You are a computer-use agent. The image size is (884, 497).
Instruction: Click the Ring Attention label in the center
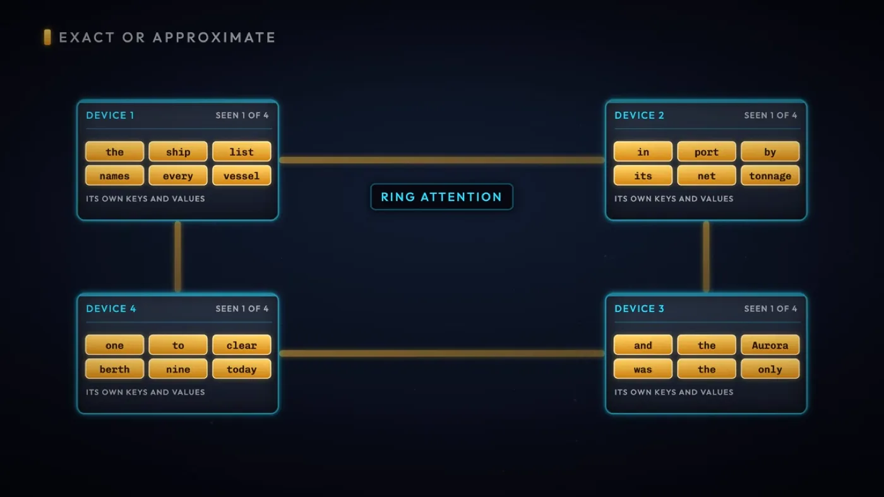coord(441,196)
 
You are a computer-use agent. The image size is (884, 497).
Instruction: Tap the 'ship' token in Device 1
coord(178,152)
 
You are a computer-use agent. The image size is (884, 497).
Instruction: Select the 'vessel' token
coord(241,176)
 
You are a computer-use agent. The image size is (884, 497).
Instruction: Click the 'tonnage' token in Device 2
coord(770,176)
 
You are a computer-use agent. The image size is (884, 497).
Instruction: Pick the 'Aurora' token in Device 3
coord(770,345)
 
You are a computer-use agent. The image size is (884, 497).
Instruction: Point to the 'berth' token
coord(114,369)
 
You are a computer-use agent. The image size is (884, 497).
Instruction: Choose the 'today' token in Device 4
coord(241,369)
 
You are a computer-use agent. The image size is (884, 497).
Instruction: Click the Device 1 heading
coord(110,116)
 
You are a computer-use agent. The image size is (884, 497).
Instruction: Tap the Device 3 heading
coord(639,309)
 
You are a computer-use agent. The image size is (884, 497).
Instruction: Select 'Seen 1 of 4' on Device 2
coord(770,116)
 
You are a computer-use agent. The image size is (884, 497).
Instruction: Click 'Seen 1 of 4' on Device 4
coord(242,309)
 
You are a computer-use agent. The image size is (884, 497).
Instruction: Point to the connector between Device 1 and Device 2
coord(442,160)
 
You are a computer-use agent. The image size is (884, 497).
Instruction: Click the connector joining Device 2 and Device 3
coord(706,256)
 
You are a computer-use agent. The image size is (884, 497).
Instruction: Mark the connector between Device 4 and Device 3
coord(442,353)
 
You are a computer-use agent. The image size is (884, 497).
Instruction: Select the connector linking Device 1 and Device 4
coord(178,256)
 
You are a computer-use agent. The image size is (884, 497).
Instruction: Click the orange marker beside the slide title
coord(47,37)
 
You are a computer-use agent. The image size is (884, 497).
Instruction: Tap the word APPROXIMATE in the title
coord(214,37)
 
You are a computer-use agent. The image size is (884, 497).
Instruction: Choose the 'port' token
coord(707,152)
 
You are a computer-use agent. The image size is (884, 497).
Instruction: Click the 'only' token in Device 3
coord(770,369)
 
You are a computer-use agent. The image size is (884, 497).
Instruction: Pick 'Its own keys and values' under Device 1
coord(146,198)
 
